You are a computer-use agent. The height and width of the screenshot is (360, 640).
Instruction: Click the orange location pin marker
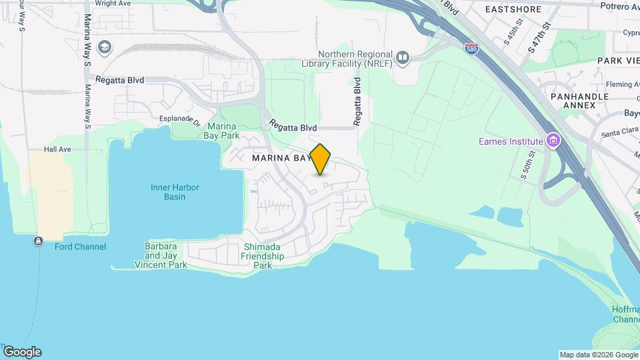[321, 158]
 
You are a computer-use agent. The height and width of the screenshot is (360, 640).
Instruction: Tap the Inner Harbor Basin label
[175, 192]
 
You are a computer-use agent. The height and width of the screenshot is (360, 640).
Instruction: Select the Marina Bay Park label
[223, 131]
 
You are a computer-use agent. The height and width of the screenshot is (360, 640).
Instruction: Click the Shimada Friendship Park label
[262, 256]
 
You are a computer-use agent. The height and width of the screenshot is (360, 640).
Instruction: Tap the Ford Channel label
[80, 247]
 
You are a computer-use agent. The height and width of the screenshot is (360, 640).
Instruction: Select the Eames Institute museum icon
[552, 141]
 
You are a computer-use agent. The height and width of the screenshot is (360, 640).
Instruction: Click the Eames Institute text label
[511, 141]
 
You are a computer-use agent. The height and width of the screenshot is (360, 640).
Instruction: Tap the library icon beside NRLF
[402, 58]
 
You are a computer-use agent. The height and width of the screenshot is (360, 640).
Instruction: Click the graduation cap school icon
[104, 47]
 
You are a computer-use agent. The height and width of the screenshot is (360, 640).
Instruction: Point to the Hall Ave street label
[57, 150]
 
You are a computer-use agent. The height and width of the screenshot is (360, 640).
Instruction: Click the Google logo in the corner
[22, 351]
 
